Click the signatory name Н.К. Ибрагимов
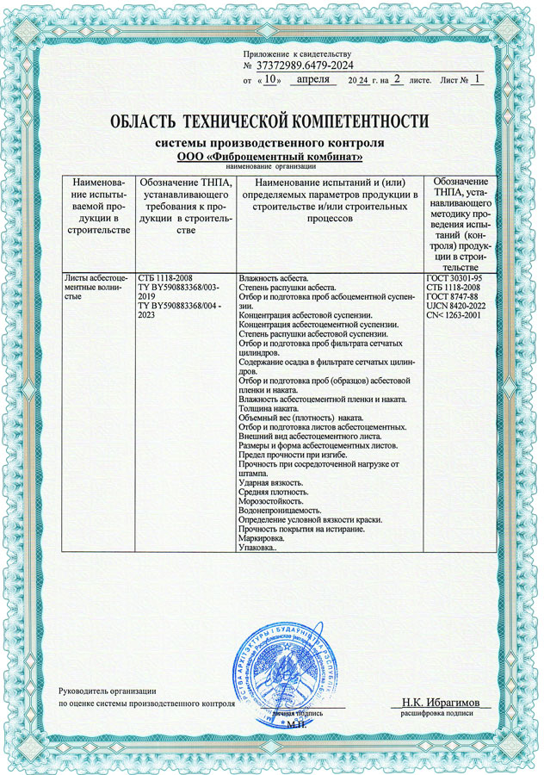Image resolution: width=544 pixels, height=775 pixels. click(x=442, y=703)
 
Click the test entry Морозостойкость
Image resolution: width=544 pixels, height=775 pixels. click(x=270, y=501)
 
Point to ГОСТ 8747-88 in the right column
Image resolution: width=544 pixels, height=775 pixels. click(x=453, y=296)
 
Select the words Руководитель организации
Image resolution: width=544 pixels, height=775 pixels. click(x=108, y=691)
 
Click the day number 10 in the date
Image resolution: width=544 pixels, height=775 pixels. click(x=271, y=79)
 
